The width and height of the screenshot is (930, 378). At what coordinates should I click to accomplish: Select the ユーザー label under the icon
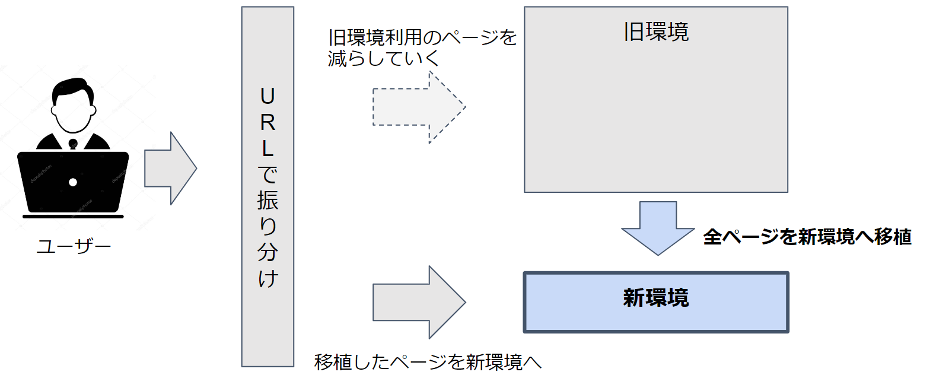74,246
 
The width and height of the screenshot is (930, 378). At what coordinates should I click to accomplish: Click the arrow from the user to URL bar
170,169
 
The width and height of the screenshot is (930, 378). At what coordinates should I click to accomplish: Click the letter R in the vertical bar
267,123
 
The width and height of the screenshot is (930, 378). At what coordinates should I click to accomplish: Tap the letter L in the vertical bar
267,149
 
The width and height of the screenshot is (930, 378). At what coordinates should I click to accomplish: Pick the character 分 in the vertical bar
267,252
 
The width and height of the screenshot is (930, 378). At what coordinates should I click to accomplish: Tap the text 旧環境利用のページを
423,39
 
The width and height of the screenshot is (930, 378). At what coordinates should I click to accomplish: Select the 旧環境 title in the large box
656,32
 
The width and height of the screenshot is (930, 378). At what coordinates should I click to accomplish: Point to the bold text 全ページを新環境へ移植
807,237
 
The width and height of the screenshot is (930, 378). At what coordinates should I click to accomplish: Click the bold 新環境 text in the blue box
656,298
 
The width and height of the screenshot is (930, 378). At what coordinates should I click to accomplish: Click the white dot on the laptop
73,182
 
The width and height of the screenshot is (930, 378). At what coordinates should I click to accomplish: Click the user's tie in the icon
73,144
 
